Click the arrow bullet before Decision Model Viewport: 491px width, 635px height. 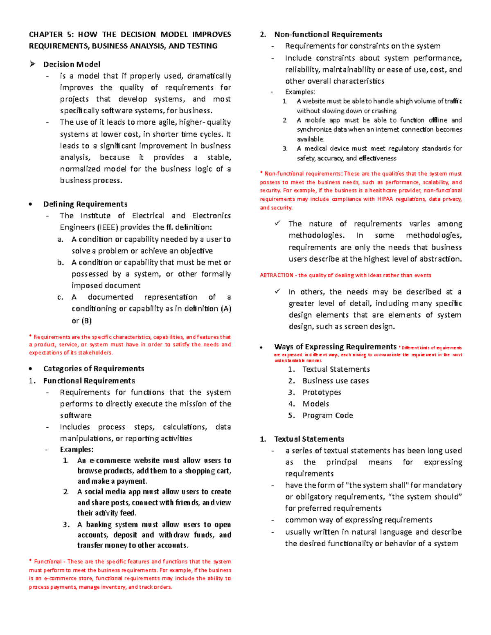point(33,64)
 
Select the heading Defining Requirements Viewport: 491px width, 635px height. point(85,204)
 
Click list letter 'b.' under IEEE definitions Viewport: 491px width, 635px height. point(61,263)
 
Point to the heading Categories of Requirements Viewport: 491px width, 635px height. point(94,369)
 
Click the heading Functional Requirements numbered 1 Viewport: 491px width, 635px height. point(89,381)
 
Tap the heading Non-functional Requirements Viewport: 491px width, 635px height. point(328,35)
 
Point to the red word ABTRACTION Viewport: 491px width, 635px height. point(277,276)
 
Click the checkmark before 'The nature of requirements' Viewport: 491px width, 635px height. point(278,223)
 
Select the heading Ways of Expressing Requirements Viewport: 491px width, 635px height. point(335,347)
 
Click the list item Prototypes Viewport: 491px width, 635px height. point(322,393)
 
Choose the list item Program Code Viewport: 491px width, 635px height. point(327,415)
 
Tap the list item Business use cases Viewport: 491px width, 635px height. point(336,381)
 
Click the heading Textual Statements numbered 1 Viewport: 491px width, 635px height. point(309,439)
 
